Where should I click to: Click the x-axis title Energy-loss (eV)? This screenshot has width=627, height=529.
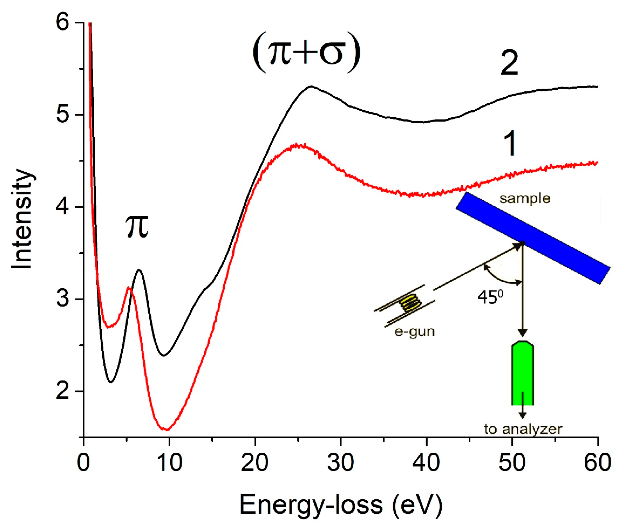pyautogui.click(x=341, y=505)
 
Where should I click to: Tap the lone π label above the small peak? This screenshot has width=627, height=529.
pyautogui.click(x=137, y=227)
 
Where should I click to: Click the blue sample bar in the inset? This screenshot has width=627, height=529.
pyautogui.click(x=533, y=238)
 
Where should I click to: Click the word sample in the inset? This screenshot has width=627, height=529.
pyautogui.click(x=525, y=199)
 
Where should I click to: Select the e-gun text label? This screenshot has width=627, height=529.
pyautogui.click(x=414, y=332)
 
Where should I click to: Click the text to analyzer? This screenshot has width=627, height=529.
pyautogui.click(x=523, y=429)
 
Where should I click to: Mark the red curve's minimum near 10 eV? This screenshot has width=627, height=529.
pyautogui.click(x=167, y=429)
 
